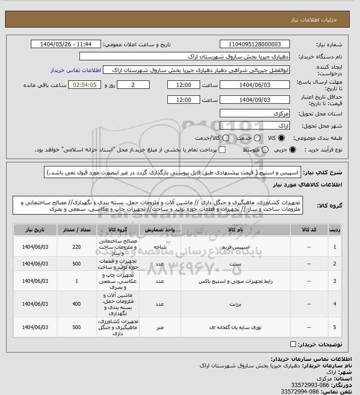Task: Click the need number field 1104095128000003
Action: coord(254,44)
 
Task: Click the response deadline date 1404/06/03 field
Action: coord(254,85)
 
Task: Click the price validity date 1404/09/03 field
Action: coord(254,100)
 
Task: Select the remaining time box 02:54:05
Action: coord(85,85)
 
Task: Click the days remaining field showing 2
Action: coord(133,85)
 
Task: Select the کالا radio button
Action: coord(281,138)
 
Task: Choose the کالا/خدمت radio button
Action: coord(226,138)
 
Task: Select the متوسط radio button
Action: coord(265,150)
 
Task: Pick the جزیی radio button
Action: coord(293,150)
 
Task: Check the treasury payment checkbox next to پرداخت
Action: coord(222,150)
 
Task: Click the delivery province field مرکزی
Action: coord(254,113)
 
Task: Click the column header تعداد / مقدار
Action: coord(77,230)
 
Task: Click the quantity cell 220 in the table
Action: coord(77,247)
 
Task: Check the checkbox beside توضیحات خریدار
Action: coord(293,345)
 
